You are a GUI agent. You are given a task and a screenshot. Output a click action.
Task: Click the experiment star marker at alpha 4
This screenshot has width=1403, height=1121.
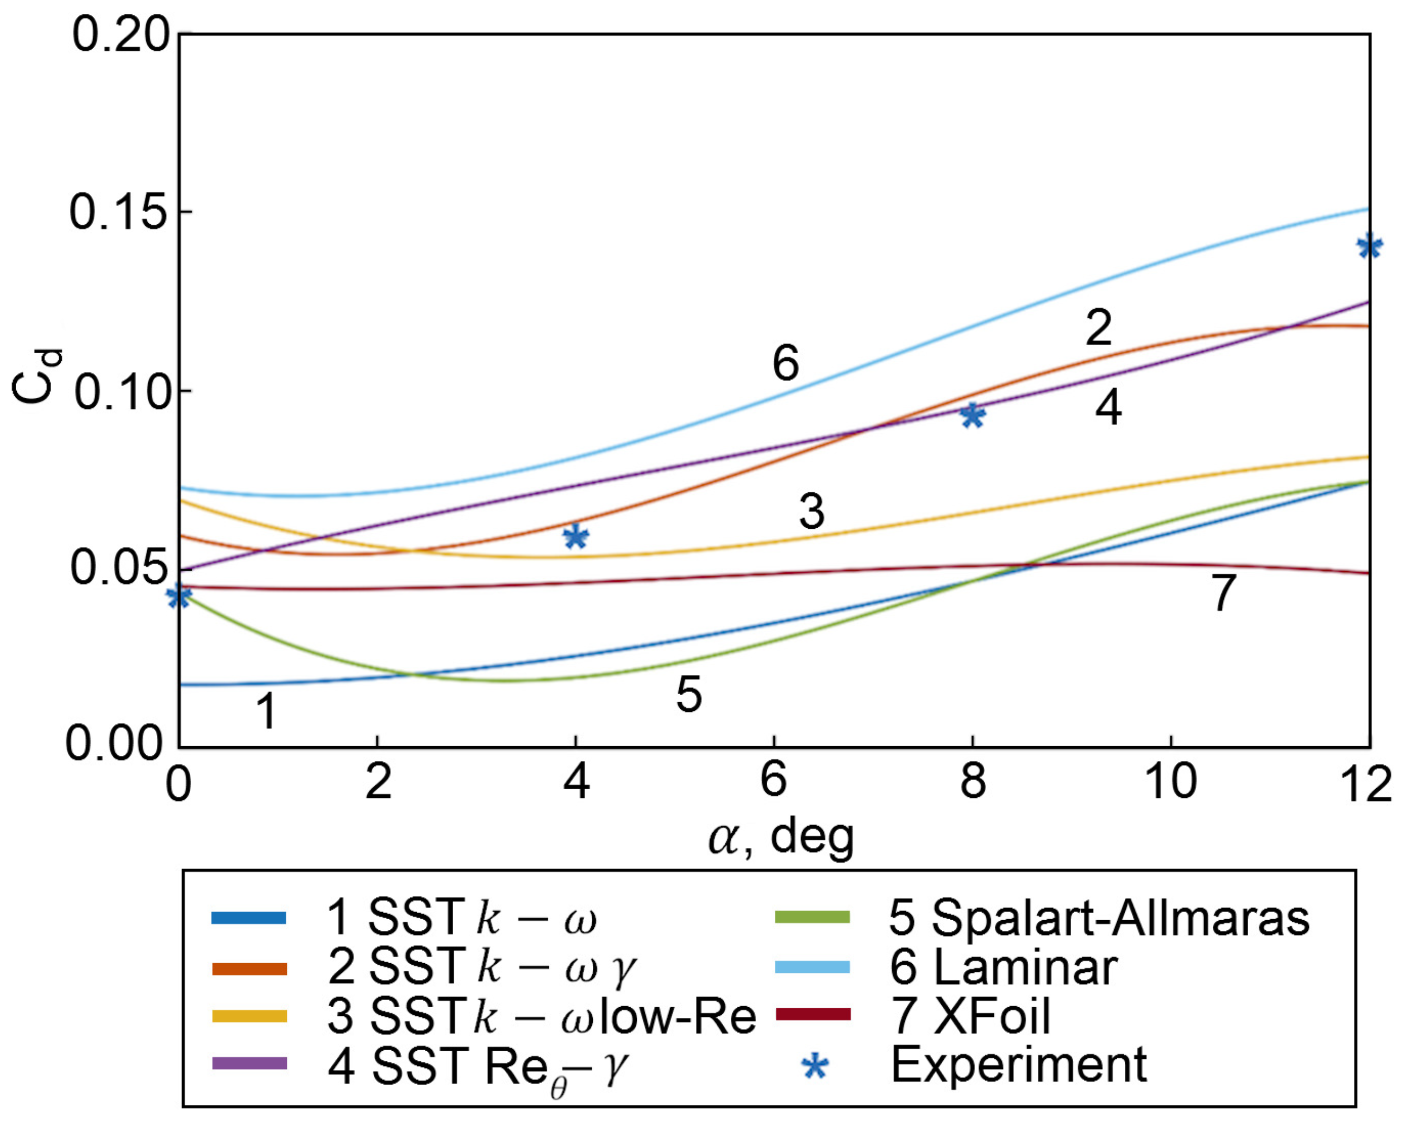[x=576, y=537]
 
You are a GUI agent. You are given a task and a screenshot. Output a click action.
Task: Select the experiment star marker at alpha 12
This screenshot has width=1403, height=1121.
[x=1369, y=247]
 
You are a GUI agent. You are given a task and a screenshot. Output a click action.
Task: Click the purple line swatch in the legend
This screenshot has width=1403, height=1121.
[x=249, y=1064]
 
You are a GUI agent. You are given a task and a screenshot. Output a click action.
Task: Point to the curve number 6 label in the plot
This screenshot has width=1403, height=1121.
[x=785, y=363]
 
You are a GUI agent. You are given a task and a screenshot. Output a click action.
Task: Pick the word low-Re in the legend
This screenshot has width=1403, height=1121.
[x=677, y=1016]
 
